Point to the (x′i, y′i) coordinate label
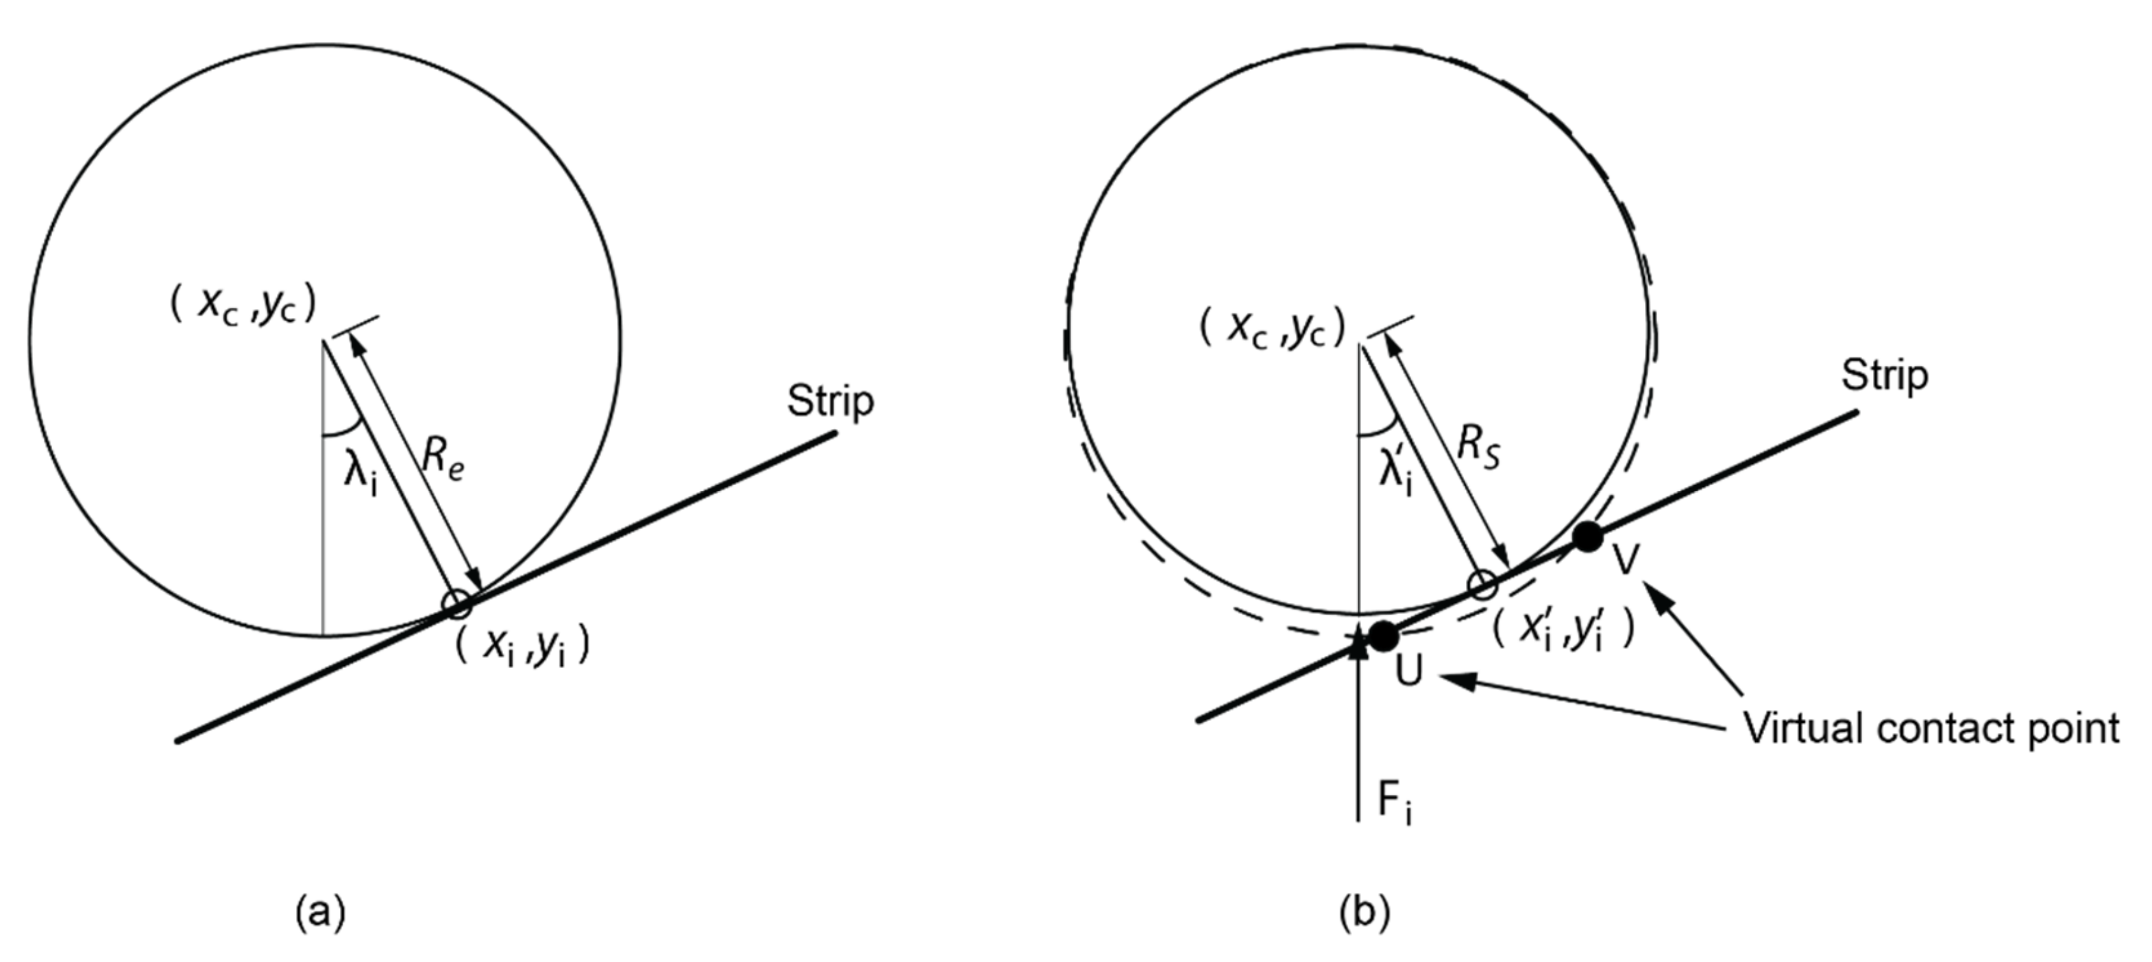click(x=1562, y=632)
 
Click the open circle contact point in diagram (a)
click(x=457, y=604)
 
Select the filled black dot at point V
click(x=1587, y=536)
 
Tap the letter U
click(x=1408, y=671)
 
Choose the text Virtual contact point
click(x=1931, y=729)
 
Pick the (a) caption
click(x=320, y=913)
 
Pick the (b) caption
click(x=1365, y=913)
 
